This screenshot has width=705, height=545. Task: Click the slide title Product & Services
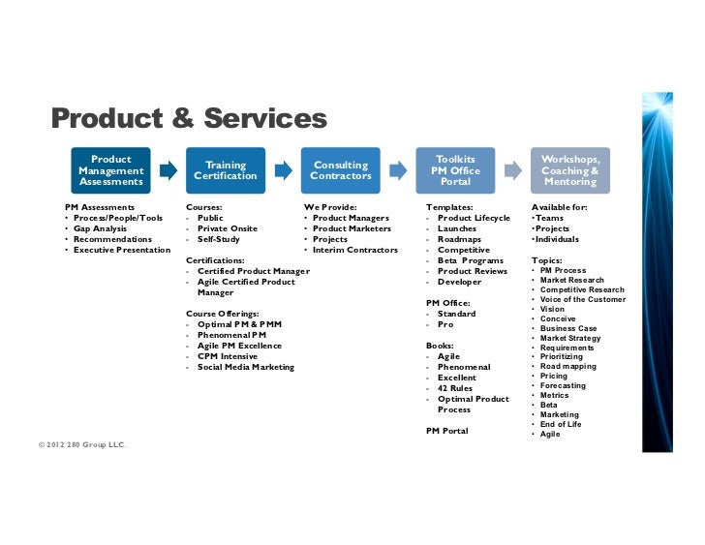pos(189,120)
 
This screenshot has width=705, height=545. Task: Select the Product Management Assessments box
pos(110,170)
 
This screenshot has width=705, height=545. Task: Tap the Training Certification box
pos(226,170)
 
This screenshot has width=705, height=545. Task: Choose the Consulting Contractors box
pos(341,170)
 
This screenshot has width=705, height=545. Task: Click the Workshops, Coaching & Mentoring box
pos(570,170)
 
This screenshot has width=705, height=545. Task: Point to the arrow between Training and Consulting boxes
pos(284,170)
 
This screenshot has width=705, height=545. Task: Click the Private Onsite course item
pos(228,228)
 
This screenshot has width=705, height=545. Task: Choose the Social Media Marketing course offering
pos(246,368)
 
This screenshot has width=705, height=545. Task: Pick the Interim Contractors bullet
pos(354,250)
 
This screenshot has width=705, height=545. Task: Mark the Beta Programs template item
pos(470,260)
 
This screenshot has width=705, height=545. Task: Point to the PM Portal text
pos(446,431)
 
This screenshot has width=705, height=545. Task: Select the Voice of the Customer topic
pos(582,300)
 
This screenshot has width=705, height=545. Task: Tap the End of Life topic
pos(563,425)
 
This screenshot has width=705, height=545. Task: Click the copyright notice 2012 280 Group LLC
pos(83,444)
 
